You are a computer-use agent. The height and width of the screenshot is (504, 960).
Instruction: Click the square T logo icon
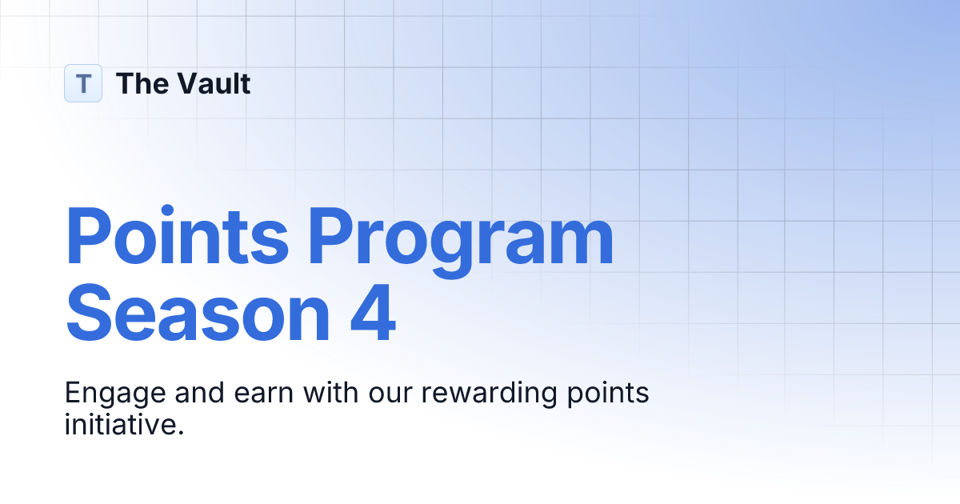click(83, 83)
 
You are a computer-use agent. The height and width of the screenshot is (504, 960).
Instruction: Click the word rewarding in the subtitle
click(487, 394)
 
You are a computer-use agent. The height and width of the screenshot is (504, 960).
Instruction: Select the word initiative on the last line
click(120, 423)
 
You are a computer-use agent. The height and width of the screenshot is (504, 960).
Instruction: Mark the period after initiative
click(181, 432)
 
